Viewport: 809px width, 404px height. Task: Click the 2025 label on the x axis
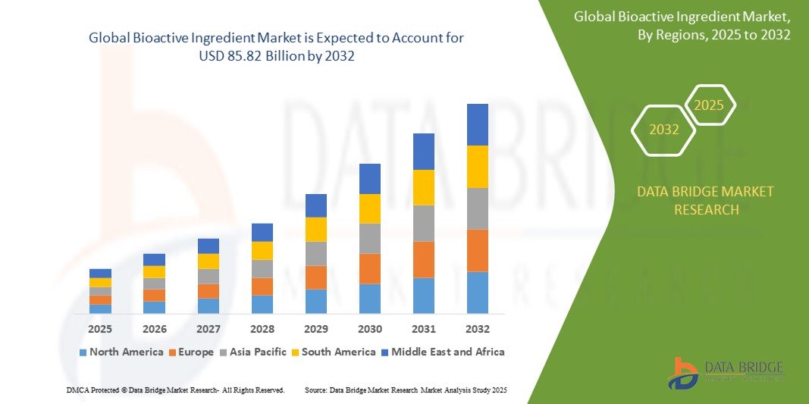[100, 329]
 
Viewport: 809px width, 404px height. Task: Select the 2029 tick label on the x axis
[316, 329]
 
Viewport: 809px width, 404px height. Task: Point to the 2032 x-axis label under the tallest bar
[477, 329]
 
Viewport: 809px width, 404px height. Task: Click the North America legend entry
[121, 352]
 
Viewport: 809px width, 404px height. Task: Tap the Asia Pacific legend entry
[253, 352]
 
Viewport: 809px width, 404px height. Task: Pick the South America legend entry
[334, 352]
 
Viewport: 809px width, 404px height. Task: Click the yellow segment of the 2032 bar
[477, 167]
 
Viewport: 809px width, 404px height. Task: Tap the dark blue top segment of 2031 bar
[423, 152]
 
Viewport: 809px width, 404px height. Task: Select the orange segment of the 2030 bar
[369, 268]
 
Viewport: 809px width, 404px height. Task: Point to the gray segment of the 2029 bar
[316, 253]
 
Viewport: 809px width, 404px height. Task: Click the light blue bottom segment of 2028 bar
[262, 304]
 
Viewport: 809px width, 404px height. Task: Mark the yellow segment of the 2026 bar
[154, 271]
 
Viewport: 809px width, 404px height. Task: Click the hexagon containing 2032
[663, 130]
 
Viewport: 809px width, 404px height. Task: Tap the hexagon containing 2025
[709, 105]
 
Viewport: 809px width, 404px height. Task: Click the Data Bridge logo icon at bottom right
[683, 373]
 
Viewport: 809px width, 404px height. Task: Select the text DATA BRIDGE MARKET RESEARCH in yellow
[706, 201]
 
